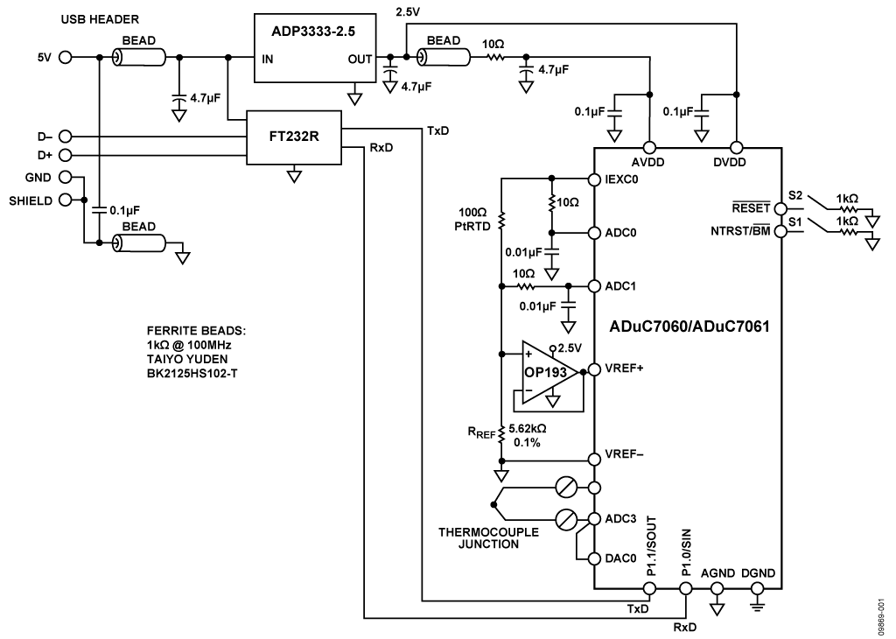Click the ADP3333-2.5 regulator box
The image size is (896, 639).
click(x=312, y=48)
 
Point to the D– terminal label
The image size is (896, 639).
click(x=43, y=137)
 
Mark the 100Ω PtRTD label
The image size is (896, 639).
click(x=472, y=219)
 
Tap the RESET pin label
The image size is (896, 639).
click(x=752, y=208)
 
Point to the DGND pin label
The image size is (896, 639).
click(x=757, y=573)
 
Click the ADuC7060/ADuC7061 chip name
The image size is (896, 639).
click(x=689, y=327)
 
